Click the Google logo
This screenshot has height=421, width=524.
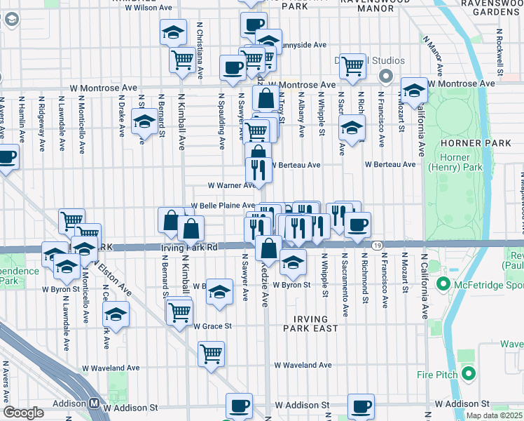(23, 413)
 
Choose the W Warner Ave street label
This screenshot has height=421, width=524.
(231, 186)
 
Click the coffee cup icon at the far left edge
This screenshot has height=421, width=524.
(6, 156)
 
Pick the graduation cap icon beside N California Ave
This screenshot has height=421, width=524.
(414, 89)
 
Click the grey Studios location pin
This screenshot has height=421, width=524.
(385, 75)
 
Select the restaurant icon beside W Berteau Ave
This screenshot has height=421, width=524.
(258, 170)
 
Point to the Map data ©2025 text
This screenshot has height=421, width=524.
(495, 415)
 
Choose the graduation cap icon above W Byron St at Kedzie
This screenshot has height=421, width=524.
(293, 263)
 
